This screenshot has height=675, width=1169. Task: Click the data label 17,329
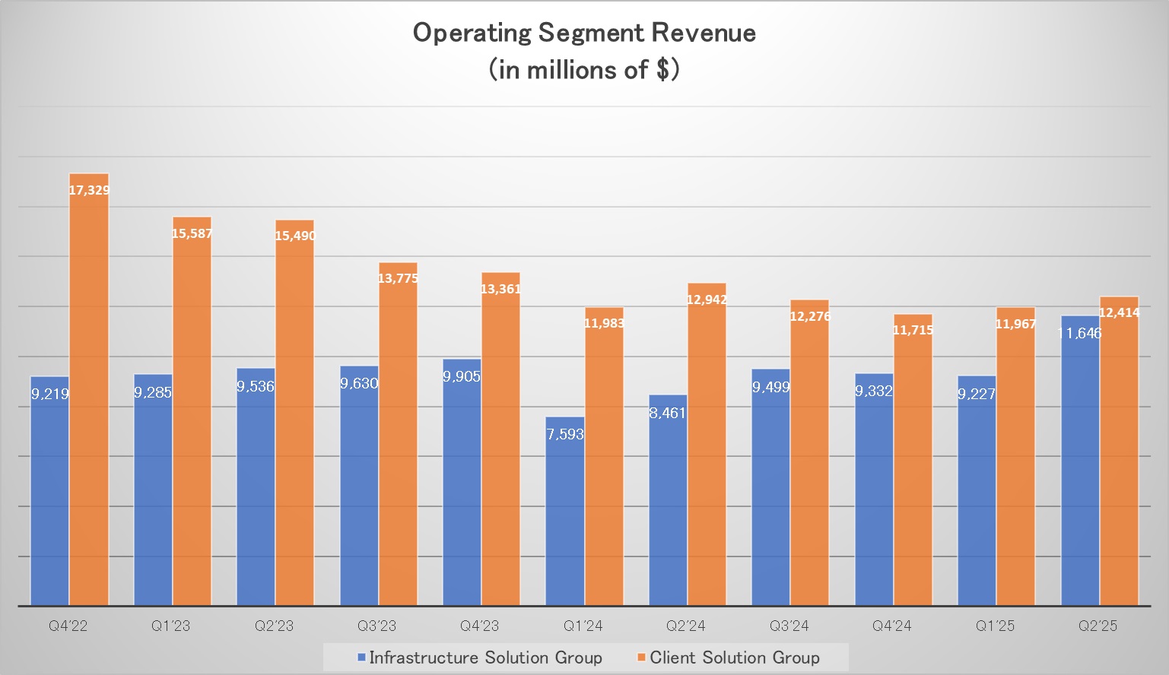pos(89,190)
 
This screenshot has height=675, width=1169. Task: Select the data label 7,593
pos(565,434)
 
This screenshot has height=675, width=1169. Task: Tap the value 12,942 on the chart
pos(707,299)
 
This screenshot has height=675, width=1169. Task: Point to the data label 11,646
pos(1078,333)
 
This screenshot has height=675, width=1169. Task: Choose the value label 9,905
pos(462,376)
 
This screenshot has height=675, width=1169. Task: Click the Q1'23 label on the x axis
pos(171,626)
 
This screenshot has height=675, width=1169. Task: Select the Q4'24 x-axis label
pos(892,626)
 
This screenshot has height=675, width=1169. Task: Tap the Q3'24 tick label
pos(789,626)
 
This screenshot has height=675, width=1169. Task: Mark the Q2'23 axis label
pos(274,626)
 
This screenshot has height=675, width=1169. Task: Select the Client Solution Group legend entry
pos(734,658)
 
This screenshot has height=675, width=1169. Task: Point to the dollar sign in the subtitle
pos(662,70)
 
